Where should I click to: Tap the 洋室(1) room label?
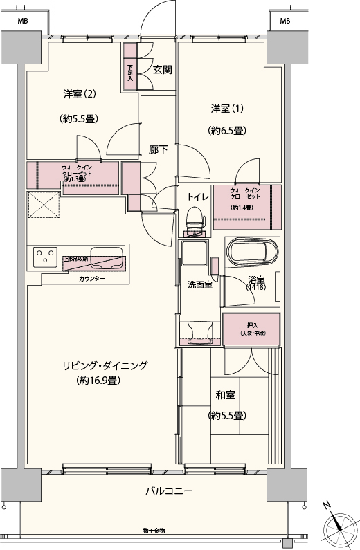click(228, 109)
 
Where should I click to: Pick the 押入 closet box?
click(251, 329)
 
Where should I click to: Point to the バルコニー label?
click(164, 491)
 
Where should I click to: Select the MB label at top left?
click(23, 21)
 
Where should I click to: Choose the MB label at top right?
click(285, 21)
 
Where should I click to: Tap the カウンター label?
click(92, 278)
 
